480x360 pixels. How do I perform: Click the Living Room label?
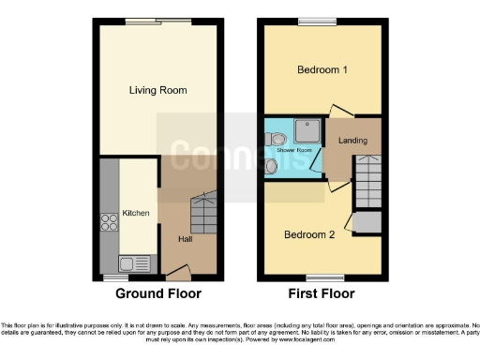point(158,91)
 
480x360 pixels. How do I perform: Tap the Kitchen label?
point(136,214)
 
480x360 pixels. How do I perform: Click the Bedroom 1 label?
point(322,70)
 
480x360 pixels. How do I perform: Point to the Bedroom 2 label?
point(309,234)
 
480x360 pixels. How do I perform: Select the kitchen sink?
point(127,263)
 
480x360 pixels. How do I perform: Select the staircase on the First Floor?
point(367,181)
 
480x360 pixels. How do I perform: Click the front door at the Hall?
point(177,275)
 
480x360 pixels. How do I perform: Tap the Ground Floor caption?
point(158,293)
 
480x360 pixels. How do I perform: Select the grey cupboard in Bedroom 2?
point(367,223)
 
